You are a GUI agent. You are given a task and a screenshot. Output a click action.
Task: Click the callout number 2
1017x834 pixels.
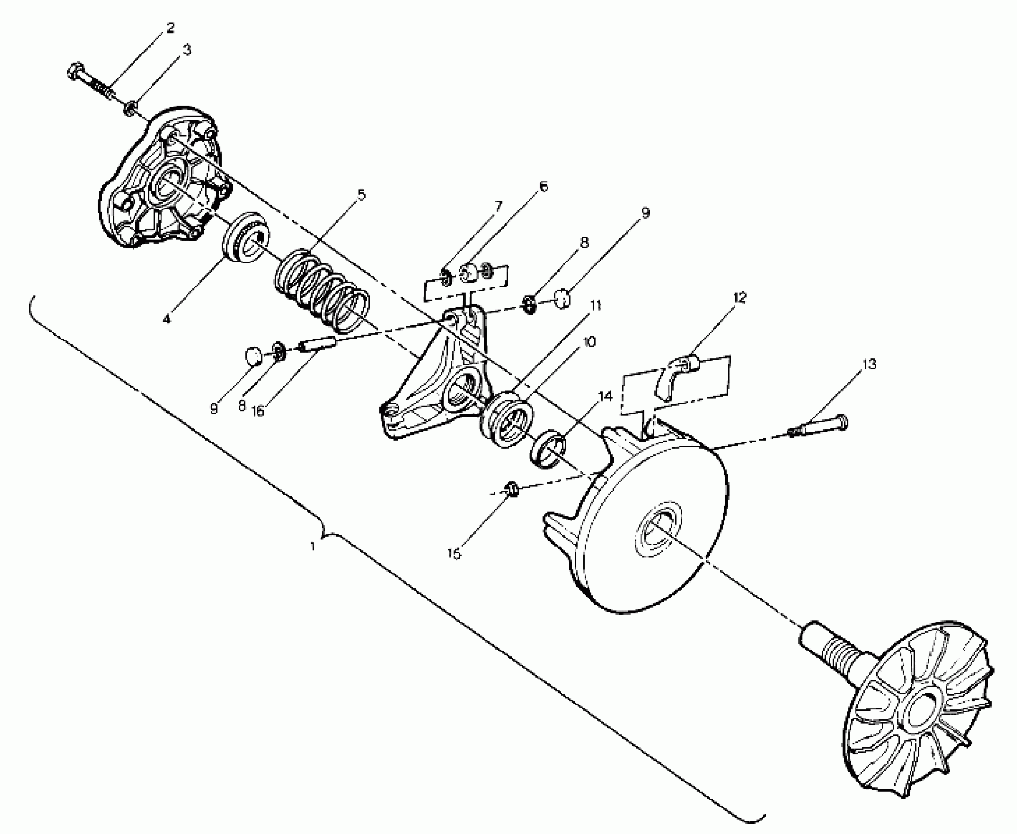170,28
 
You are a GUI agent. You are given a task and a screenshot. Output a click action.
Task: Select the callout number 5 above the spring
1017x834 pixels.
361,195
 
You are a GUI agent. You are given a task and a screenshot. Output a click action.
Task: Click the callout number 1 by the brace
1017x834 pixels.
313,546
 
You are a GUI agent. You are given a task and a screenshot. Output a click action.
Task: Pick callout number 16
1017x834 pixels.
257,411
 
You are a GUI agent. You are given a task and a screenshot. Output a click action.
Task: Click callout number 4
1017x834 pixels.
167,319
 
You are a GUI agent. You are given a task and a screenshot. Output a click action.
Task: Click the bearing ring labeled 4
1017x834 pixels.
245,240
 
